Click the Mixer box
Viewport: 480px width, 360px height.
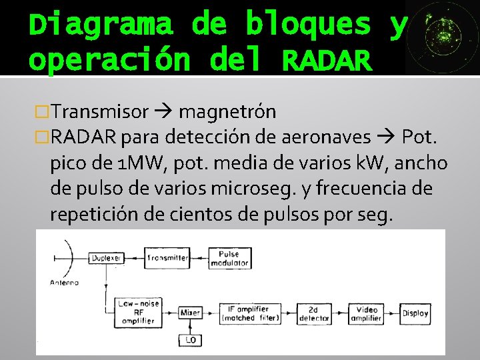190,312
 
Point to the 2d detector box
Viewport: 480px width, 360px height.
314,313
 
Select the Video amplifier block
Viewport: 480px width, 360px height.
366,313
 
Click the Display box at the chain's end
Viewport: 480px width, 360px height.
415,312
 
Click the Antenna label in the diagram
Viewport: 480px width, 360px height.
64,282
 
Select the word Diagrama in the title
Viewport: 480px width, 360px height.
101,25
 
